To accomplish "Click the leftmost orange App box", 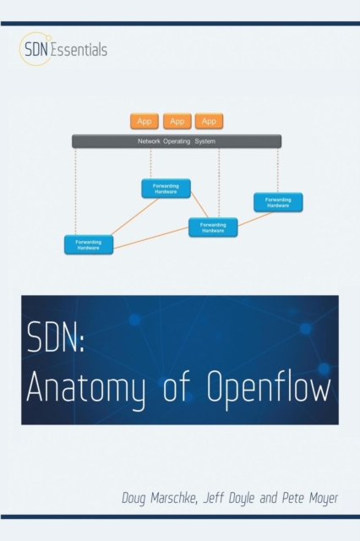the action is click(x=145, y=121).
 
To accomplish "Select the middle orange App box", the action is click(x=177, y=121).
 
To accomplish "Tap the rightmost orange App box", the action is click(x=209, y=121).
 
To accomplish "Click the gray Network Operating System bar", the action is click(x=177, y=141).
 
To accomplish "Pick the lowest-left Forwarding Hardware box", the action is click(x=89, y=244).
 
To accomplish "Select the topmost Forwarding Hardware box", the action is click(x=166, y=189).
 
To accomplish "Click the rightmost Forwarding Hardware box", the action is click(x=278, y=202).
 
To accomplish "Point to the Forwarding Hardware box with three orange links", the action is click(x=213, y=227).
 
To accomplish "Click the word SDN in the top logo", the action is click(x=36, y=49).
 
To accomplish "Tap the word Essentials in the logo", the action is click(x=79, y=49).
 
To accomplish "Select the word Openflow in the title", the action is click(x=269, y=385).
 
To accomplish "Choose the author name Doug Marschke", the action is click(x=160, y=498).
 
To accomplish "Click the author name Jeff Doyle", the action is click(x=229, y=498).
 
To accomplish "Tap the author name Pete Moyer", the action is click(x=310, y=498).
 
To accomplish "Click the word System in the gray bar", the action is click(x=205, y=141).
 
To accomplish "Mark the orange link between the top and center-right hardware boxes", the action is click(x=199, y=205).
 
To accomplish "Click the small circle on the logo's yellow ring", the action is click(x=49, y=37).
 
